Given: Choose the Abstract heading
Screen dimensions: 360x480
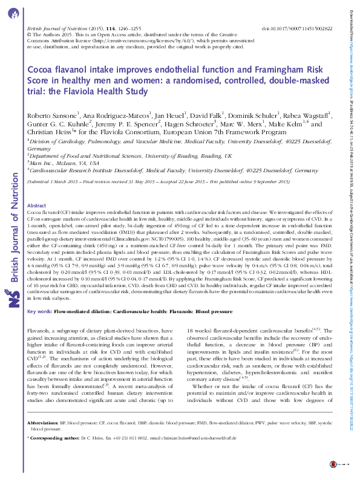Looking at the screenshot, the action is coord(38,207).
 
